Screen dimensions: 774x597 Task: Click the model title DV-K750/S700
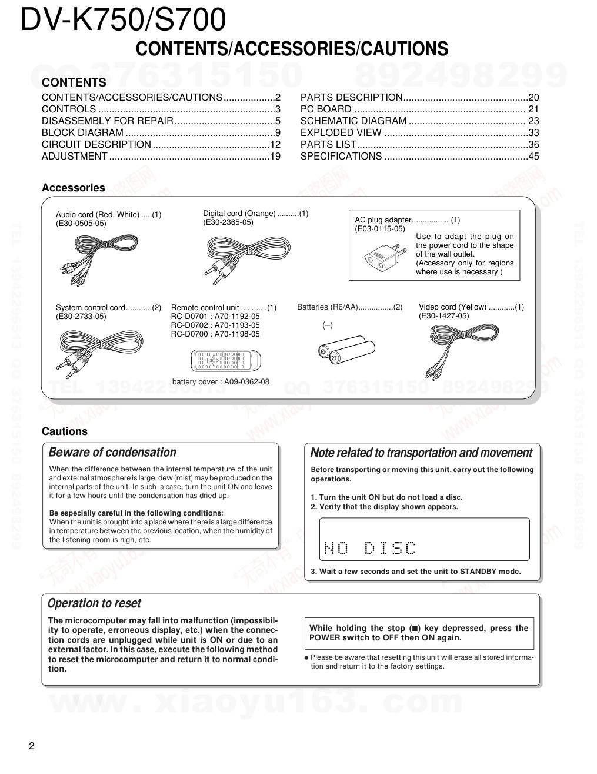(x=123, y=21)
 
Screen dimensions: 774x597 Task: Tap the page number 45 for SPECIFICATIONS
(x=533, y=157)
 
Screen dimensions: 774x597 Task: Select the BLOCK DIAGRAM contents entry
(x=82, y=133)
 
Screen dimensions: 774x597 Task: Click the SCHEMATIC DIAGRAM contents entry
(x=353, y=121)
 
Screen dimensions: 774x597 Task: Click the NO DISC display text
(x=370, y=549)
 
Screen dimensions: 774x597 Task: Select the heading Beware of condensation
(x=112, y=453)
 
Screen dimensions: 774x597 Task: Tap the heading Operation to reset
(x=94, y=603)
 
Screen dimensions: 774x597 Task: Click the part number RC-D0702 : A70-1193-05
(x=215, y=325)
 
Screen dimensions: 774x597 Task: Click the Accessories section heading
(x=73, y=188)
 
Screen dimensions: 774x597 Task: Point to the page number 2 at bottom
(x=32, y=747)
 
